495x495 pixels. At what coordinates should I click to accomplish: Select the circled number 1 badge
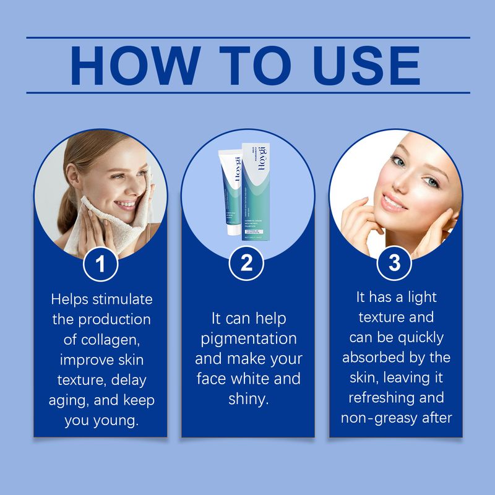click(x=100, y=263)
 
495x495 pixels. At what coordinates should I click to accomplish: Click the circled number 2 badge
click(x=247, y=263)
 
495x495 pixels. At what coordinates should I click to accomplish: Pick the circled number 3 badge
click(x=394, y=263)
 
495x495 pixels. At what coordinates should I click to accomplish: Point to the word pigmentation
click(x=248, y=338)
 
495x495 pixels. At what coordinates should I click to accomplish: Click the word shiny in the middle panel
click(x=248, y=399)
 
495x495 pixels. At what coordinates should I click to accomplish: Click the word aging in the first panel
click(x=71, y=400)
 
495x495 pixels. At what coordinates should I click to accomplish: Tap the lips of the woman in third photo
click(x=394, y=202)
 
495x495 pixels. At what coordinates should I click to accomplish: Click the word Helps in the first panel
click(x=69, y=299)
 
